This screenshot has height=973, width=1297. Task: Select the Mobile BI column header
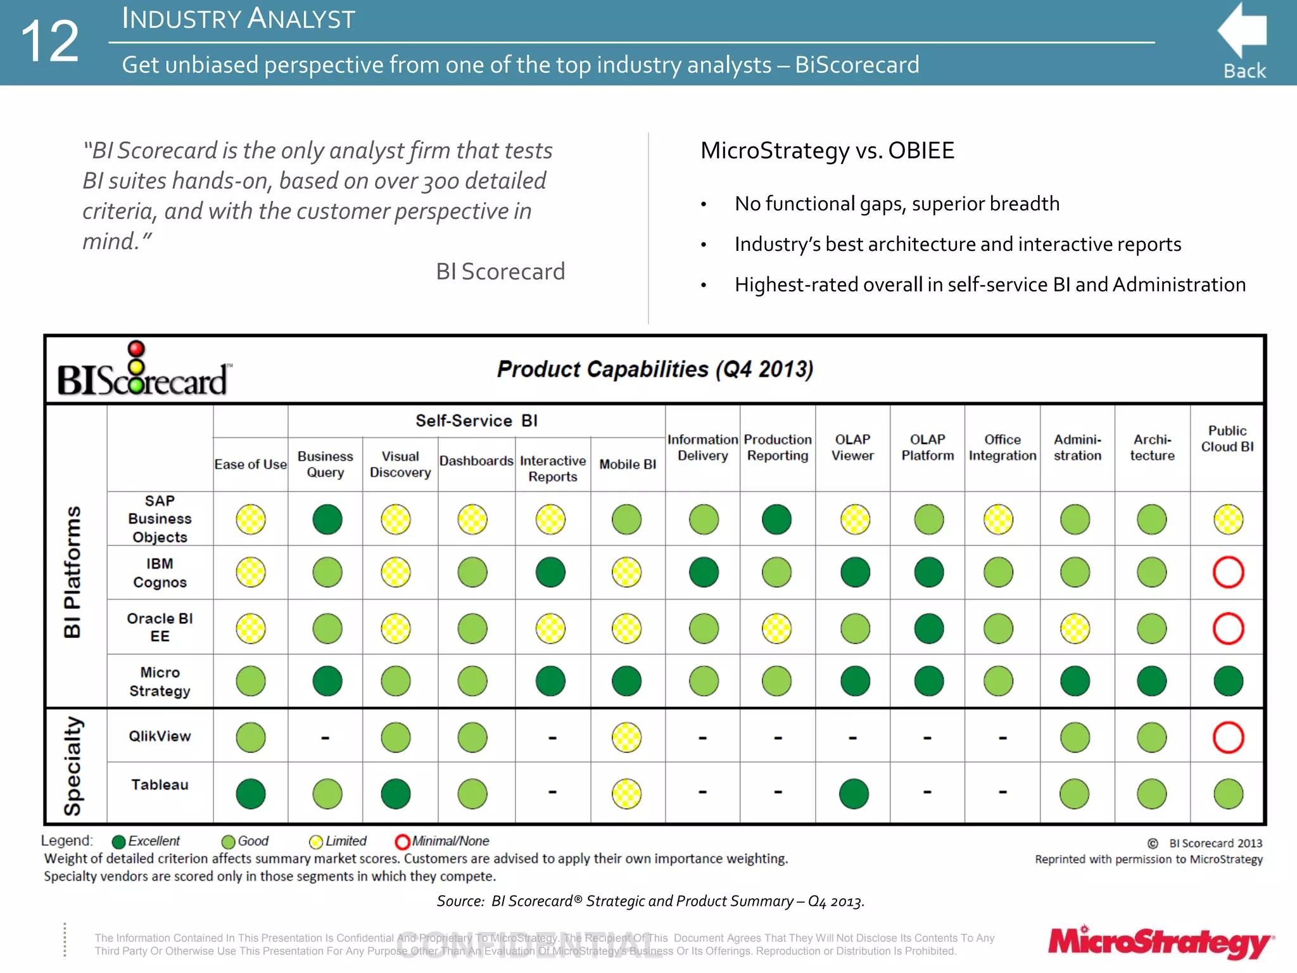628,464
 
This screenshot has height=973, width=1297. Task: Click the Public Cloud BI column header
1227,439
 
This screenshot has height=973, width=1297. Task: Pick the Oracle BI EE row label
160,627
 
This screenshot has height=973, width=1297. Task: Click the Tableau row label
160,785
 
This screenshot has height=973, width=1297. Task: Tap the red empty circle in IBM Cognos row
1228,573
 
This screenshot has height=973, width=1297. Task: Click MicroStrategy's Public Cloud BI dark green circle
1228,682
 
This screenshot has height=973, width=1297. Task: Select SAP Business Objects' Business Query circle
327,519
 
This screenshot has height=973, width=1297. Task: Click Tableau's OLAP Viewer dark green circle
854,794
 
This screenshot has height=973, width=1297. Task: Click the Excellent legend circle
118,842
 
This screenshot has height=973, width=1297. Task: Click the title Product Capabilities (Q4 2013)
655,369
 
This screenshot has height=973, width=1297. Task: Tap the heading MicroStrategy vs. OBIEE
827,151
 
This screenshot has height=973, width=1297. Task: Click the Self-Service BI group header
476,421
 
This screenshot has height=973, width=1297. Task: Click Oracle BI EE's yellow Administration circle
1075,628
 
